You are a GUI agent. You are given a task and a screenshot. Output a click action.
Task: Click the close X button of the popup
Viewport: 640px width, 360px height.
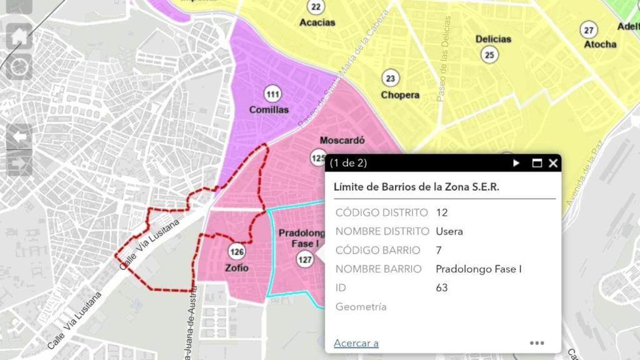click(x=553, y=163)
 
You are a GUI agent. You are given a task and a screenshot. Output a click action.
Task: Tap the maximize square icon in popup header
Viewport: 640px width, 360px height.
click(x=536, y=163)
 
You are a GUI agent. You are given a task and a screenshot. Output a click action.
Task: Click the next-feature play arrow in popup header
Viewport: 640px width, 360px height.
click(x=517, y=163)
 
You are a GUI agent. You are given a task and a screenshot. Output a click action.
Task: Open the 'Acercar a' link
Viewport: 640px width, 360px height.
click(x=356, y=342)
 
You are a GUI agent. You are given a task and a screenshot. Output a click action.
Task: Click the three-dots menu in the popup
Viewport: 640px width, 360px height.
click(x=537, y=342)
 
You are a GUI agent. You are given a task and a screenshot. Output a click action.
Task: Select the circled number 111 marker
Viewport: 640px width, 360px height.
click(x=272, y=94)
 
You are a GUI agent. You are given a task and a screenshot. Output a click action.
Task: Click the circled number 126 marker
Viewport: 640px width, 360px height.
click(x=237, y=252)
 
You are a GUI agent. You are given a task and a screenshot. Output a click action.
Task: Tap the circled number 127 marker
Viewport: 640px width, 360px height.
click(x=304, y=259)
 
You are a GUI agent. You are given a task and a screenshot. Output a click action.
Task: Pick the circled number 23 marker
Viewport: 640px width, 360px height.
click(x=391, y=79)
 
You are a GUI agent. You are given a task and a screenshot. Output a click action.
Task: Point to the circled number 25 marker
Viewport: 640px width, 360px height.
click(x=489, y=54)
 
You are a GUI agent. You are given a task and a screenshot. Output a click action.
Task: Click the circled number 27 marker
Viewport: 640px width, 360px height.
click(x=588, y=29)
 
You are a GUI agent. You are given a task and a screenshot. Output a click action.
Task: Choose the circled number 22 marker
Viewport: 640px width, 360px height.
click(x=316, y=7)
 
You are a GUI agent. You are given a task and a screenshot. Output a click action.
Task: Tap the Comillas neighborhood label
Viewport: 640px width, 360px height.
click(x=269, y=110)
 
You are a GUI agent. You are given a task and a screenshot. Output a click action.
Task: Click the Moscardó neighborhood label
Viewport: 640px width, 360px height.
click(x=342, y=141)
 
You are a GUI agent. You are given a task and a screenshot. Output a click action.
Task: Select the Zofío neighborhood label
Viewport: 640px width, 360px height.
click(x=237, y=268)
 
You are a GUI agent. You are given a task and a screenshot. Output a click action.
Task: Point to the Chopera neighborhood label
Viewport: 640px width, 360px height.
click(x=400, y=95)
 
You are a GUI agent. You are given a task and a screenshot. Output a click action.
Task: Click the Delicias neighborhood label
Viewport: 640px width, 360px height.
click(x=493, y=39)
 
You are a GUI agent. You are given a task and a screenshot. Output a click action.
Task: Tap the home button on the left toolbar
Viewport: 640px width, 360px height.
click(x=19, y=36)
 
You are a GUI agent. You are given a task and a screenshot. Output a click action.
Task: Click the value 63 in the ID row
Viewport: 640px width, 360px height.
click(x=442, y=287)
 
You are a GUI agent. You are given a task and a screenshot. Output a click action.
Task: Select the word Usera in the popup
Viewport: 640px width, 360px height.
click(x=449, y=231)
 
